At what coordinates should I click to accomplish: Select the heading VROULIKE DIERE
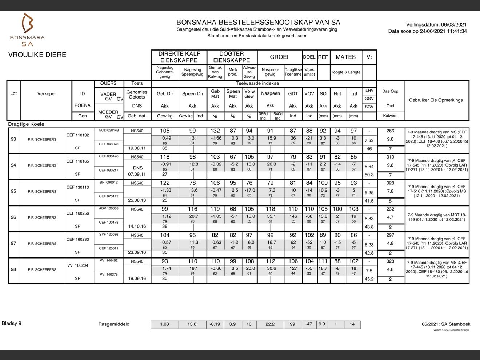(x=37, y=55)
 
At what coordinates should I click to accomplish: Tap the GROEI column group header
(x=279, y=57)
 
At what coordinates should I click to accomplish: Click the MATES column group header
(x=345, y=57)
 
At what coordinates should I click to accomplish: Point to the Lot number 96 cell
(x=13, y=217)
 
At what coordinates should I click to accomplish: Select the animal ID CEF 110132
(x=77, y=135)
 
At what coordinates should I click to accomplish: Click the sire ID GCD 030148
(x=109, y=130)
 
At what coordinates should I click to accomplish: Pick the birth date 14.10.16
(x=137, y=226)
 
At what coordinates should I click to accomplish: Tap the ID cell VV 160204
(x=77, y=265)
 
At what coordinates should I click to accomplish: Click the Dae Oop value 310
(x=390, y=157)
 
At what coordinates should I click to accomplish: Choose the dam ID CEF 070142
(x=109, y=196)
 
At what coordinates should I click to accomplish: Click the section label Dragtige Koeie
(x=26, y=124)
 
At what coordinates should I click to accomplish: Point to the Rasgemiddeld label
(x=114, y=324)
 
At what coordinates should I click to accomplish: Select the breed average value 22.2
(x=270, y=324)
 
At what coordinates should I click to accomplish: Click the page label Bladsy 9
(x=12, y=323)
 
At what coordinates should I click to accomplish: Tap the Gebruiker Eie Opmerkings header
(x=436, y=100)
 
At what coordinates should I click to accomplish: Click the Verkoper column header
(x=47, y=94)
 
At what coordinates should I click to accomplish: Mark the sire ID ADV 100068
(x=109, y=209)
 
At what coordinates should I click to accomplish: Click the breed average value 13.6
(x=192, y=324)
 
